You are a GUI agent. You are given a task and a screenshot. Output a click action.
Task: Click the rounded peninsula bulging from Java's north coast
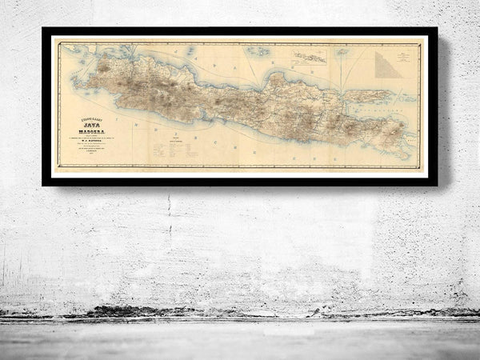pyautogui.click(x=277, y=79)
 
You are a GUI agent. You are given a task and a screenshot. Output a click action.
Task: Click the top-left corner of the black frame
pyautogui.click(x=45, y=30)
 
